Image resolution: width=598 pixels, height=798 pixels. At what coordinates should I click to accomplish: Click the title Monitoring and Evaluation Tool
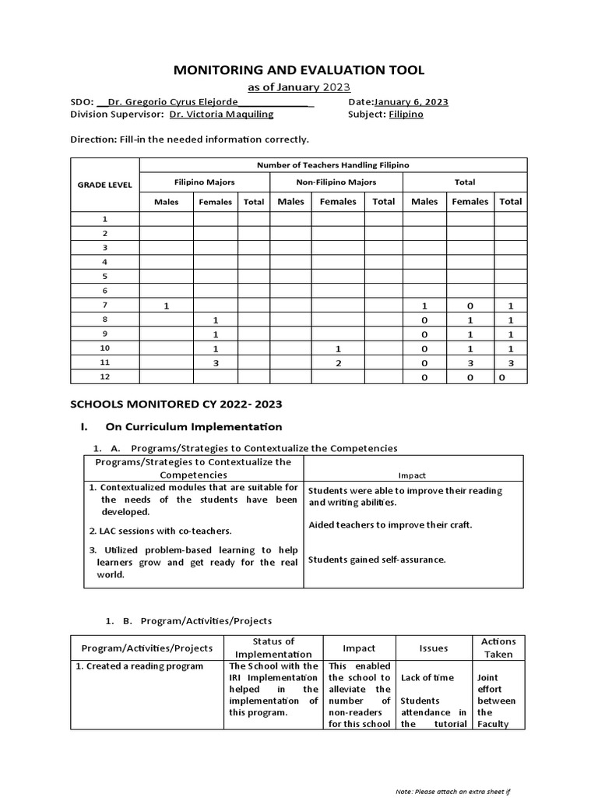(x=298, y=70)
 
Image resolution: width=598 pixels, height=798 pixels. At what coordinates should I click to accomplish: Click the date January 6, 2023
(x=410, y=102)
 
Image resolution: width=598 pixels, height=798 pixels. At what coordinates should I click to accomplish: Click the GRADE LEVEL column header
(x=104, y=185)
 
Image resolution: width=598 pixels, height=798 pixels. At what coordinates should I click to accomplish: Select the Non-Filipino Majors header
(x=336, y=182)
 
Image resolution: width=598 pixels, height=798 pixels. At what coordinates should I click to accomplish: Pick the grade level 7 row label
(x=104, y=305)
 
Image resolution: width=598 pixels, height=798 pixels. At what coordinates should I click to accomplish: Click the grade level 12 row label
(x=104, y=377)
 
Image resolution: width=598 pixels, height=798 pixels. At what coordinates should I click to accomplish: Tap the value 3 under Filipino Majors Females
(x=215, y=363)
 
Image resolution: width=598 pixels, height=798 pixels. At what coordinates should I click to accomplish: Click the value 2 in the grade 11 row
(x=338, y=363)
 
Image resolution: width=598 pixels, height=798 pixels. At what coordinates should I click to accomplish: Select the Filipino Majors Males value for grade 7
(x=166, y=306)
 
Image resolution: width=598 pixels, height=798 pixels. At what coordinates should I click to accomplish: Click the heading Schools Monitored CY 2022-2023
(x=176, y=404)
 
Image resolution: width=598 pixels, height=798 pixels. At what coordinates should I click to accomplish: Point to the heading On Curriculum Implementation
(x=193, y=427)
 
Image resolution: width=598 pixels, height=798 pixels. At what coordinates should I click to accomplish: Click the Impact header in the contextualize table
(x=412, y=475)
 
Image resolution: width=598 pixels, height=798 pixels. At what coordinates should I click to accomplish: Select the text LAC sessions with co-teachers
(x=160, y=531)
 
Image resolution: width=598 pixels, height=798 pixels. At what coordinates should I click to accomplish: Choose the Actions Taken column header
(x=498, y=648)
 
